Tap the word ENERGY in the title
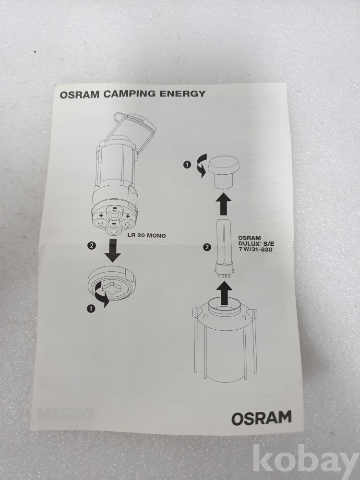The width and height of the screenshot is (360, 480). [182, 94]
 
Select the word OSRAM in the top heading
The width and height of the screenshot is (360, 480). [80, 95]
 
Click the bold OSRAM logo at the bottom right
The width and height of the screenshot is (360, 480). [261, 418]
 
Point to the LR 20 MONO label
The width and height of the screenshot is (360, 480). [146, 235]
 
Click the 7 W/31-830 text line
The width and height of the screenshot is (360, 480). [256, 250]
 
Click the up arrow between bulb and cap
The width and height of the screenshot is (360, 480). [223, 204]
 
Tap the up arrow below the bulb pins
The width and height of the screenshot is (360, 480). [225, 293]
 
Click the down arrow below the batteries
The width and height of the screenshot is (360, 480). [112, 251]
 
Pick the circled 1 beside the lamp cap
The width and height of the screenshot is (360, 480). [187, 165]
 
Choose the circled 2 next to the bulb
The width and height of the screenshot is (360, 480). [207, 247]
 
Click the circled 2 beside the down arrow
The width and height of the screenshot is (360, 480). [92, 245]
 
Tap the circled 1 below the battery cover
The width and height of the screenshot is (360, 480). [91, 309]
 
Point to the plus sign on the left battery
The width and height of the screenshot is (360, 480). [101, 216]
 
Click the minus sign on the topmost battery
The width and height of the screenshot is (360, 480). [114, 208]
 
